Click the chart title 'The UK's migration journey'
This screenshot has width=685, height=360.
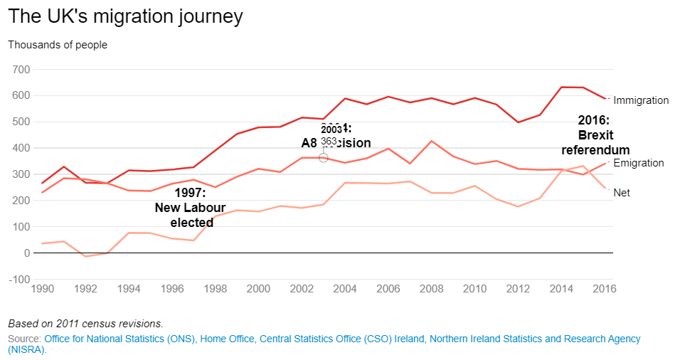point(125,16)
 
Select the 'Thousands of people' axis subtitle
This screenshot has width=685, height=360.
point(58,45)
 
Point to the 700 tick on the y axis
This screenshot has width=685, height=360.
point(19,69)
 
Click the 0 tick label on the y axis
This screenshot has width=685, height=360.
point(26,253)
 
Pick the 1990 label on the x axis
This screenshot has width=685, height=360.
point(42,289)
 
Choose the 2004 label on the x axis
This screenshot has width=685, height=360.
point(345,289)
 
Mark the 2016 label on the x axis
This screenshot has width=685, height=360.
point(604,289)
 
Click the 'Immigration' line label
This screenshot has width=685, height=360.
point(641,100)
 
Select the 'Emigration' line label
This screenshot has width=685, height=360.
point(638,163)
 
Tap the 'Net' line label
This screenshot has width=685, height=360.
point(621,193)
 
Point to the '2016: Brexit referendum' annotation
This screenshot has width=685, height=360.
point(595,135)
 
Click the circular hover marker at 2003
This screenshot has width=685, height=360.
point(324,157)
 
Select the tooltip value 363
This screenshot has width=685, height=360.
point(329,142)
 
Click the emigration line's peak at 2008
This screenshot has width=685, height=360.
point(432,141)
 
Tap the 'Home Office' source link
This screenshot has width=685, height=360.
point(223,339)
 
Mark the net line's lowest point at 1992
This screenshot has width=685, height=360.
point(85,256)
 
